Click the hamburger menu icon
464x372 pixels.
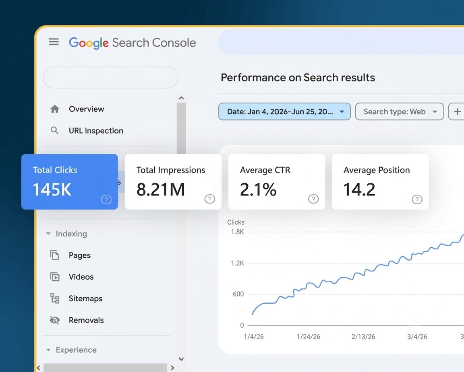(x=54, y=42)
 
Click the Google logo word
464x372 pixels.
(x=89, y=43)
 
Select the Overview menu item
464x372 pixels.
(x=87, y=109)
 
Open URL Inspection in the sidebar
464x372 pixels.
(x=96, y=131)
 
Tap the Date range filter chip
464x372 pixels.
(x=284, y=112)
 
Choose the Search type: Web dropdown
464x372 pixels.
(x=399, y=112)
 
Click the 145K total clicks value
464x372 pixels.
(x=52, y=189)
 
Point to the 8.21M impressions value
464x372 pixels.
(x=161, y=189)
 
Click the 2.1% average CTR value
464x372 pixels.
(x=258, y=189)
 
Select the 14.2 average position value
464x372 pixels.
(x=359, y=189)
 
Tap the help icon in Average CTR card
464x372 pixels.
(x=313, y=199)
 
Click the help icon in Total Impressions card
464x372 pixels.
(x=210, y=199)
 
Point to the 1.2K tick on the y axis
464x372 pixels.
(x=237, y=263)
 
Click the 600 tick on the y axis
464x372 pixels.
(x=238, y=294)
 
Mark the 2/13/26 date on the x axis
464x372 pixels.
(x=363, y=337)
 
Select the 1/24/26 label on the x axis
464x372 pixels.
(x=309, y=337)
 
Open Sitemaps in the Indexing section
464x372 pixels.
(x=85, y=298)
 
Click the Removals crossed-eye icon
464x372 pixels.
(x=55, y=320)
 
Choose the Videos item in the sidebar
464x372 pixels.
(x=81, y=277)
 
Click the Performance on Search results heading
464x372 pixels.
(x=298, y=77)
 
